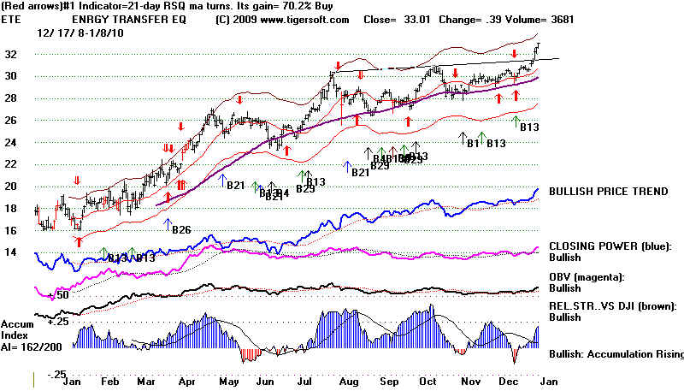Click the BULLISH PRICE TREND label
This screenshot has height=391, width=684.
click(608, 192)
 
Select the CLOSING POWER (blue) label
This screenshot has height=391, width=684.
click(607, 246)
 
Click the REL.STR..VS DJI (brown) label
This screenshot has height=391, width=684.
click(613, 305)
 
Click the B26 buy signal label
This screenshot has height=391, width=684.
click(181, 229)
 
